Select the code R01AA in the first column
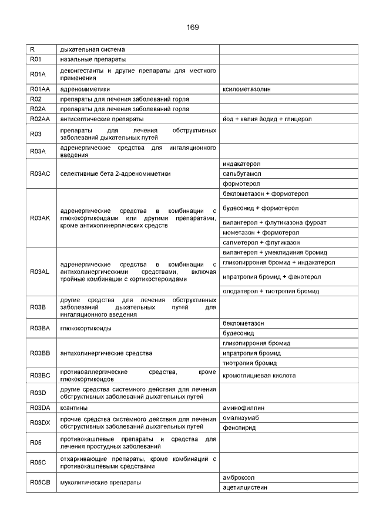tap(40, 89)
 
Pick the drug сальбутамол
tap(242, 173)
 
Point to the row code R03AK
tap(40, 218)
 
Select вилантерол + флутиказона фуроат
tap(274, 222)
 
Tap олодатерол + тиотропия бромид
tap(271, 291)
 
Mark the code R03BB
tap(40, 353)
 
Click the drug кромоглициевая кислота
tap(259, 375)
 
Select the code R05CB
tap(40, 482)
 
